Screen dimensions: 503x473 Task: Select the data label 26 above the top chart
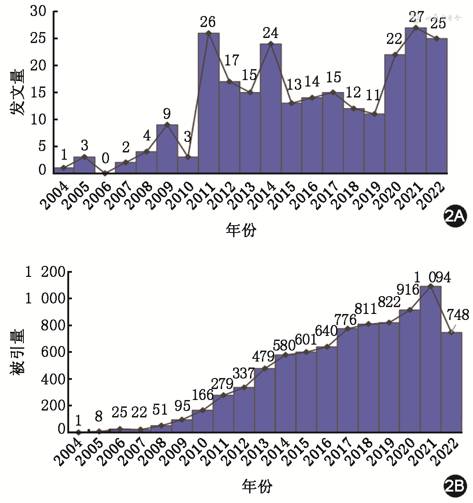(x=207, y=22)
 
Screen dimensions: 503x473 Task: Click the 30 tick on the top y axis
(x=38, y=11)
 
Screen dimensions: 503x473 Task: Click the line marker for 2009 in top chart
(x=167, y=125)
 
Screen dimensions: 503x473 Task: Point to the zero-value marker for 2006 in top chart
(x=105, y=173)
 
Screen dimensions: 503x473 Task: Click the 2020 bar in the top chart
(x=395, y=114)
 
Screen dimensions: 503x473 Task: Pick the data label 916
(x=408, y=290)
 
